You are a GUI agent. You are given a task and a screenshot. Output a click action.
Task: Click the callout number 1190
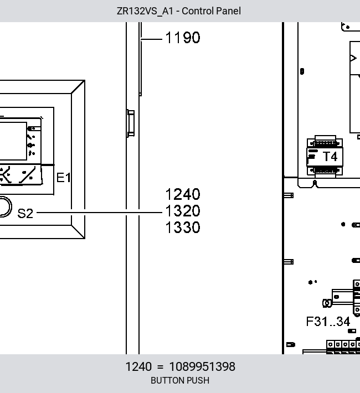[x=183, y=38]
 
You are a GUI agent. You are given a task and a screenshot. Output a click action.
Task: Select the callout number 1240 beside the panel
[x=183, y=194]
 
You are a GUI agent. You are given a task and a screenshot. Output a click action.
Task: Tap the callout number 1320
[x=183, y=211]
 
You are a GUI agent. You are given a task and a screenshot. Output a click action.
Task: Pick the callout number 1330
[x=183, y=227]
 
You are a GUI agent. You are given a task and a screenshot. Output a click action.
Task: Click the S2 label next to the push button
[x=25, y=213]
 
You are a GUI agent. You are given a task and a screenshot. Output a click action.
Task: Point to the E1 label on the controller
[x=64, y=178]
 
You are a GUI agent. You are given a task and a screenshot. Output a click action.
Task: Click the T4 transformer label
[x=330, y=157]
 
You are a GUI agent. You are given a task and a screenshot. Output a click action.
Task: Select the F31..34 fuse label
[x=328, y=322]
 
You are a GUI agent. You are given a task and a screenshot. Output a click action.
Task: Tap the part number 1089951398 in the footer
[x=202, y=366]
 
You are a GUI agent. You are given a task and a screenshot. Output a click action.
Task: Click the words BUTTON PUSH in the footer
[x=180, y=380]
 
